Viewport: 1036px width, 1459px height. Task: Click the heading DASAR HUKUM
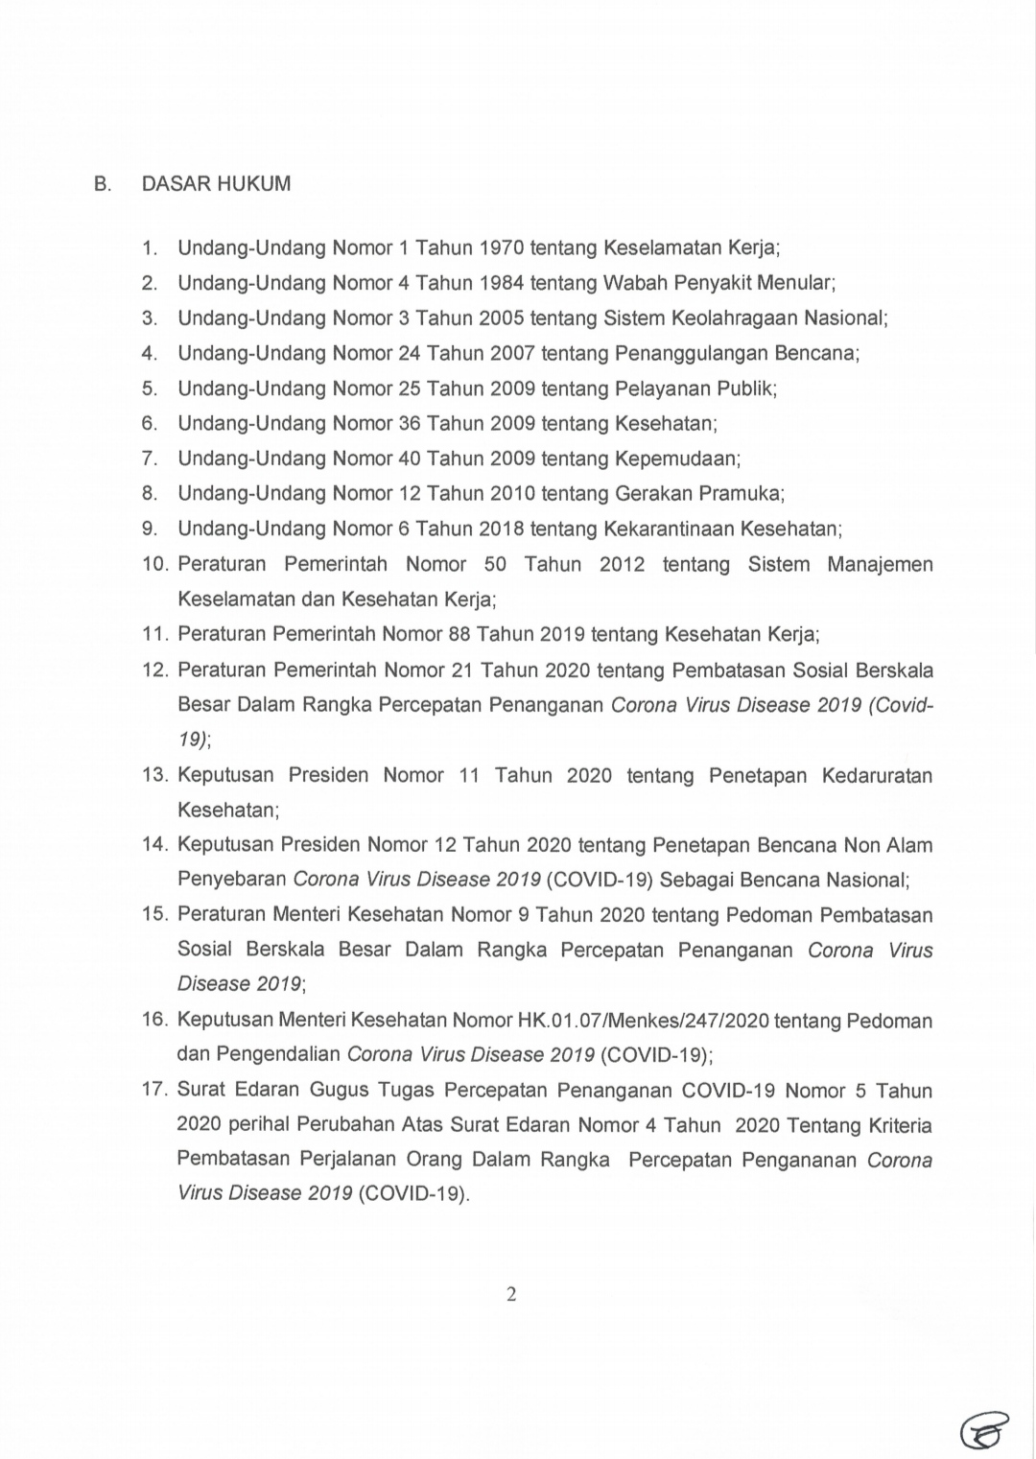click(x=216, y=184)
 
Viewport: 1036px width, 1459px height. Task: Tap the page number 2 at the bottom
click(x=511, y=1295)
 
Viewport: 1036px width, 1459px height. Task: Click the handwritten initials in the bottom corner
click(x=984, y=1429)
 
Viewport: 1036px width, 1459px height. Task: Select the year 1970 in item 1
click(x=501, y=248)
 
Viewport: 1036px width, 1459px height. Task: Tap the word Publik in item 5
click(x=745, y=388)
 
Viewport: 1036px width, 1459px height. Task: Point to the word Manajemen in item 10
click(x=880, y=564)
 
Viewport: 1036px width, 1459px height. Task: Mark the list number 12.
click(x=155, y=670)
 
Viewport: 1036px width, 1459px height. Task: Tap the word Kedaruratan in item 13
click(x=877, y=775)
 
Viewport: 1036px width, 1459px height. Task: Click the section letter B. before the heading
click(x=103, y=184)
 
